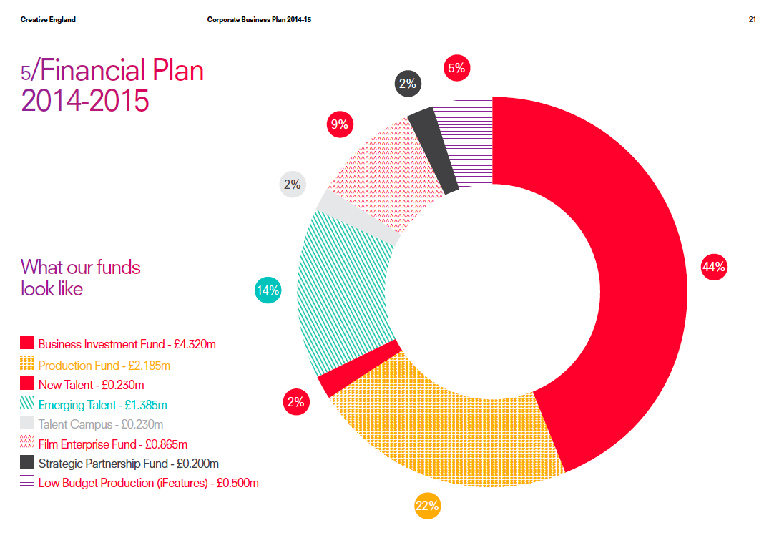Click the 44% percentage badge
click(714, 268)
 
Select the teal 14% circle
click(268, 290)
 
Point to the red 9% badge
click(339, 125)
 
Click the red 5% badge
click(456, 68)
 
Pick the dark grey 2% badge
click(408, 84)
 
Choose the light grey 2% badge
click(292, 185)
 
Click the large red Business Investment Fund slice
click(629, 286)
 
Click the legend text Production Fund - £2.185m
click(104, 366)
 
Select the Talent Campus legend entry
click(101, 424)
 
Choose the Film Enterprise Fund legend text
click(113, 444)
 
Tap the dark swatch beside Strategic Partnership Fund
click(27, 462)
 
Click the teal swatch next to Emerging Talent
click(27, 403)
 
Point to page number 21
click(753, 19)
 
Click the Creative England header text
click(48, 19)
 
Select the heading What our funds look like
click(81, 278)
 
